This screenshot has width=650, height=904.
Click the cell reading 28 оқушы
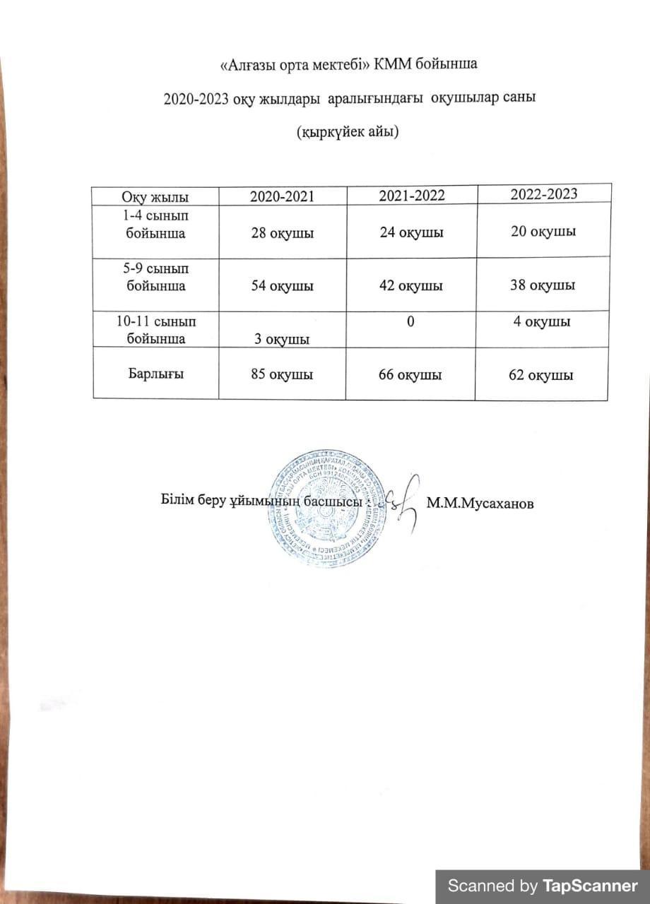[282, 232]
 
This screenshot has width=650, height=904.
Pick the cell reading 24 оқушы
[411, 232]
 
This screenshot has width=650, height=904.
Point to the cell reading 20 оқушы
[543, 231]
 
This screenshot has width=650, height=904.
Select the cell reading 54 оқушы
[282, 286]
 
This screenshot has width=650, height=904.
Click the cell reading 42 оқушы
[410, 286]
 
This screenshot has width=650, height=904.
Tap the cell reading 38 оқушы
[543, 285]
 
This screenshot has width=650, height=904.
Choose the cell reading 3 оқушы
[282, 340]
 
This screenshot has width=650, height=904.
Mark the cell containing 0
[410, 322]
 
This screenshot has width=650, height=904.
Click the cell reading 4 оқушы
[543, 322]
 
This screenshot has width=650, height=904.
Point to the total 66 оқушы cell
[410, 375]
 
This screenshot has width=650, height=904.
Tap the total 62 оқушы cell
[543, 375]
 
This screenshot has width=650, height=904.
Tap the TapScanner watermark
[543, 886]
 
